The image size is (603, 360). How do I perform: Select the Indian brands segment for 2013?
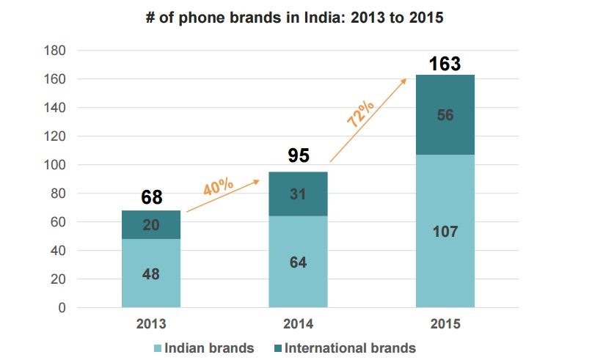[151, 273]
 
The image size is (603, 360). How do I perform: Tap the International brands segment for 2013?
[151, 225]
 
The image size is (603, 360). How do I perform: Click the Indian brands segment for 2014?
[298, 262]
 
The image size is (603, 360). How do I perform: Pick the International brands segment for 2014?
[298, 194]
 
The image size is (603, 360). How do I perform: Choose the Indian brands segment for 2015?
[445, 231]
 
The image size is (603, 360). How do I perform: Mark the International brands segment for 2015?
[445, 114]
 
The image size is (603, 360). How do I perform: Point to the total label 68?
[151, 198]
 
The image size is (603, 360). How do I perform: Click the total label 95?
[298, 156]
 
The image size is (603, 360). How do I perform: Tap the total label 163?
[445, 64]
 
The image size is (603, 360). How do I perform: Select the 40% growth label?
[218, 186]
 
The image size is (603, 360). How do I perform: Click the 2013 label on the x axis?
[151, 323]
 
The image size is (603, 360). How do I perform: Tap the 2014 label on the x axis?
[298, 323]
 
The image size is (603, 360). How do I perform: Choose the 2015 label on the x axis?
[445, 323]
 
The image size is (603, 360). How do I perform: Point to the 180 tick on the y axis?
[56, 51]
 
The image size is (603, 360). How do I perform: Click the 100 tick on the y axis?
[56, 165]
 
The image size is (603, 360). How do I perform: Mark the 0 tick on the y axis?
[62, 308]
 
